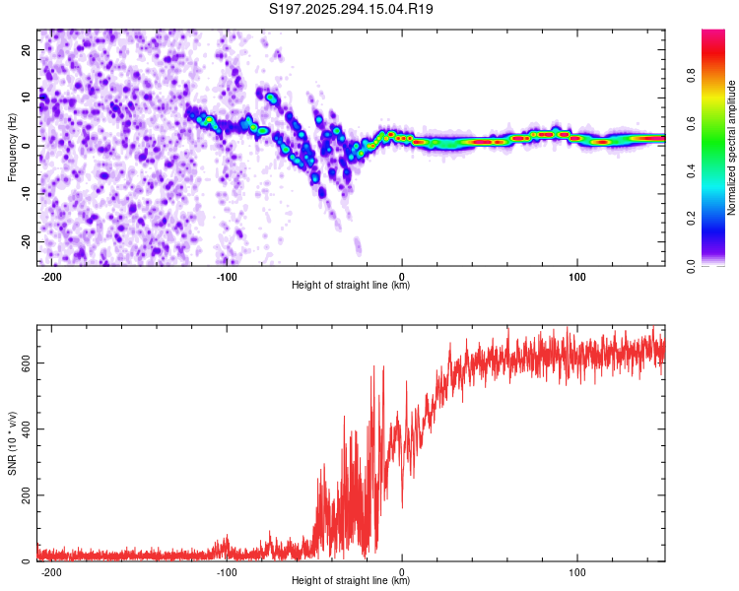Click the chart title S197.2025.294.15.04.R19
point(352,9)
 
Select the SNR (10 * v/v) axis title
point(12,443)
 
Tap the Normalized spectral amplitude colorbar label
point(731,148)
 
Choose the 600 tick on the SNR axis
point(27,362)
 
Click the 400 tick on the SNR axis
point(27,428)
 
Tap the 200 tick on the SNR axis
point(27,494)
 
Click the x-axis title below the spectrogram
point(351,286)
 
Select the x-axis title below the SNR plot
point(351,581)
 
